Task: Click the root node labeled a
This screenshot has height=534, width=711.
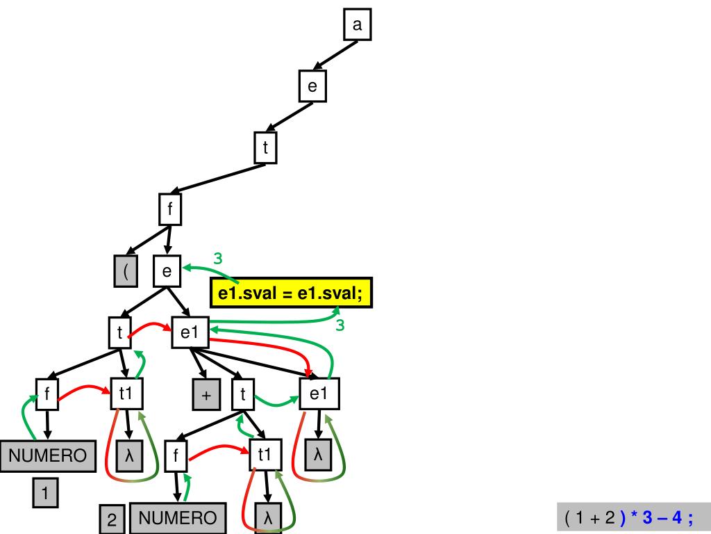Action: click(x=357, y=26)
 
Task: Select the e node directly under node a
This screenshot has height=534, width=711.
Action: click(x=312, y=86)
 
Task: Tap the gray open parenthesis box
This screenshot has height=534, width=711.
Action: click(x=126, y=271)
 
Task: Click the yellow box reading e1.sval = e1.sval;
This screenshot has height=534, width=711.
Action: click(x=291, y=293)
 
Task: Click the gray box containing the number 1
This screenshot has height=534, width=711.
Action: click(x=45, y=494)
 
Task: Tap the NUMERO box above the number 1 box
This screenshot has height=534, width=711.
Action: click(x=47, y=455)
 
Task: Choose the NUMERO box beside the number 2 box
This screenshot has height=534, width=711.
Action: click(x=178, y=518)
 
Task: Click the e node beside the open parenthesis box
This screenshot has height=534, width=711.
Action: click(x=167, y=270)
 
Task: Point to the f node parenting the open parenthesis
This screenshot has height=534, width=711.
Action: click(x=170, y=209)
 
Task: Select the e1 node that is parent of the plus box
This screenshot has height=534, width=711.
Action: click(x=190, y=333)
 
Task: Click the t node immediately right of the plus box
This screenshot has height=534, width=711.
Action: click(x=243, y=395)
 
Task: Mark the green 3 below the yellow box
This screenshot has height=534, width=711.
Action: click(x=340, y=325)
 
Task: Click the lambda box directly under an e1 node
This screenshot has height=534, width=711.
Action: click(x=319, y=455)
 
